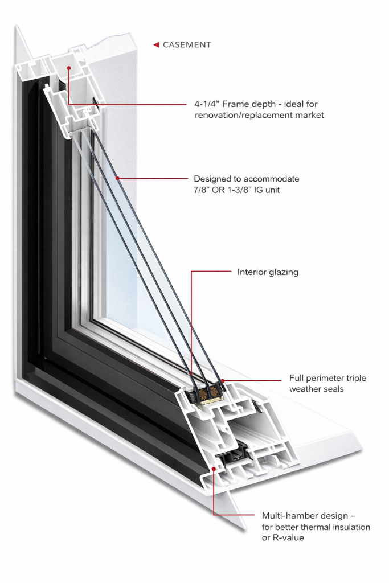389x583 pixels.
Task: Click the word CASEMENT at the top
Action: (x=187, y=44)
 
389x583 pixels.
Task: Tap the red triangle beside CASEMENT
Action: (x=156, y=44)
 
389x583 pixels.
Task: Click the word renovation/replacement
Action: (x=240, y=115)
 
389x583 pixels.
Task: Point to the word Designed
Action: (x=213, y=179)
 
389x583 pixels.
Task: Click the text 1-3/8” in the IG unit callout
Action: (x=249, y=190)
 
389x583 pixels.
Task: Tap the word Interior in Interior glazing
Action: (x=252, y=272)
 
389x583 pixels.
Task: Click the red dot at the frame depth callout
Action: (x=68, y=68)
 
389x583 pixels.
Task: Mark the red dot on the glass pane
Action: (x=117, y=178)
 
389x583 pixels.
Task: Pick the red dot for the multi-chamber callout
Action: (x=214, y=468)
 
